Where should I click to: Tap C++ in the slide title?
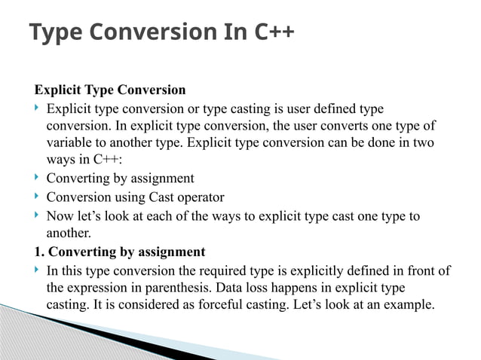point(271,32)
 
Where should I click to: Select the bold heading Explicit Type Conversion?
point(109,90)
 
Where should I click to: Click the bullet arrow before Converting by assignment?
point(38,178)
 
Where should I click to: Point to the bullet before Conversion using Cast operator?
point(38,197)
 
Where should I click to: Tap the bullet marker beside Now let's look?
point(38,217)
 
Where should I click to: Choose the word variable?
point(71,143)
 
